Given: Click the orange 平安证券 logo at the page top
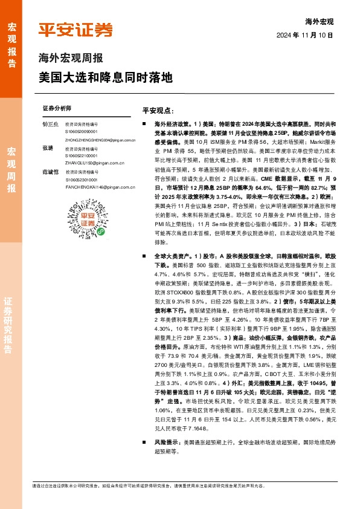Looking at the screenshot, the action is point(75,30).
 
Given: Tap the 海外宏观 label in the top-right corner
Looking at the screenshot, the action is point(320,22).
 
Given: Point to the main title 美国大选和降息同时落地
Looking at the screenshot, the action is point(105,78).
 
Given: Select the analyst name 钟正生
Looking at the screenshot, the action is point(51,124).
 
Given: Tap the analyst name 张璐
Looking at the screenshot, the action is point(48,148).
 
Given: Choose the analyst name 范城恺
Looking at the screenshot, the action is point(51,172).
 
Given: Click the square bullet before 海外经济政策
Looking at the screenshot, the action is point(141,123).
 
